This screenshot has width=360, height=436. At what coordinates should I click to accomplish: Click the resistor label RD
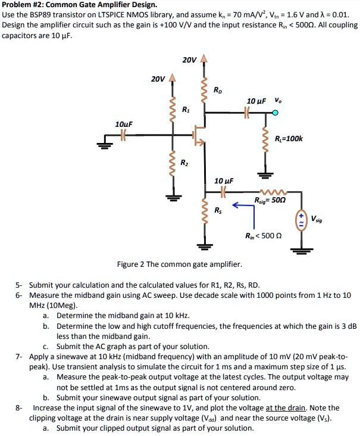[217, 91]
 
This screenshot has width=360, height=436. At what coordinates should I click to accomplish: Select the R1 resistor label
[186, 110]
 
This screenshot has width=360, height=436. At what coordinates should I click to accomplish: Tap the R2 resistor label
[186, 163]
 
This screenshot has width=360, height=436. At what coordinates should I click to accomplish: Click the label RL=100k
[289, 139]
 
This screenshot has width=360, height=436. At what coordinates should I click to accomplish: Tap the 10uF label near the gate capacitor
[123, 123]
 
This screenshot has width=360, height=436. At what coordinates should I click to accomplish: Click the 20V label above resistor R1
[158, 79]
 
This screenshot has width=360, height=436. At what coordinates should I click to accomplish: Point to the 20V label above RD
[189, 60]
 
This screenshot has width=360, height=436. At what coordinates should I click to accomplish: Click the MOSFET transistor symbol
[200, 136]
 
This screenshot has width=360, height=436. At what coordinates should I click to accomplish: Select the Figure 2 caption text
[179, 263]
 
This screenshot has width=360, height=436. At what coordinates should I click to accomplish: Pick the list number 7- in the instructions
[19, 356]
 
